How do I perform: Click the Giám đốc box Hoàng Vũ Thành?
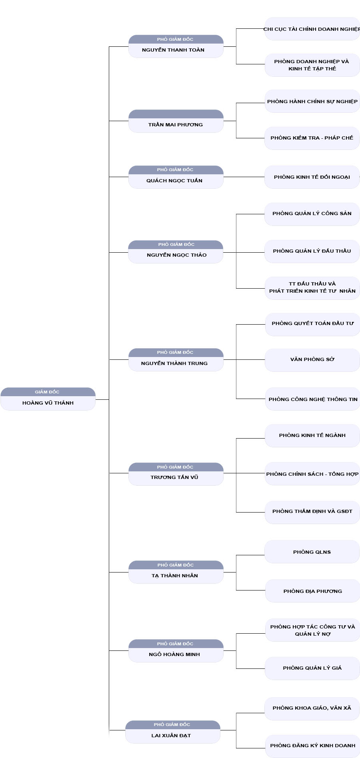click(48, 399)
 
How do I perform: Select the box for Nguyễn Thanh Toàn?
click(176, 46)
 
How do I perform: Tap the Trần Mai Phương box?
click(176, 121)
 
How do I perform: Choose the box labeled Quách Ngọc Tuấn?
click(176, 177)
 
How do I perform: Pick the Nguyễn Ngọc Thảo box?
click(176, 252)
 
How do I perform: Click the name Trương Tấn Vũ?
click(174, 477)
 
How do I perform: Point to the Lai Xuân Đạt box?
click(173, 732)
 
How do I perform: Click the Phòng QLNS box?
click(312, 552)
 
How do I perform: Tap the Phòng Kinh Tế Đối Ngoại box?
click(312, 177)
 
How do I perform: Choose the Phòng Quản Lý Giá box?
click(312, 668)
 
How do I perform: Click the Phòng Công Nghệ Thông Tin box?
click(312, 399)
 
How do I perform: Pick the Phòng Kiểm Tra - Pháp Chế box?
click(312, 138)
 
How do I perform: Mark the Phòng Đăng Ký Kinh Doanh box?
click(312, 746)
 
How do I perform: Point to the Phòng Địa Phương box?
click(312, 591)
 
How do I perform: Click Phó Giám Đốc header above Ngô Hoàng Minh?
click(176, 644)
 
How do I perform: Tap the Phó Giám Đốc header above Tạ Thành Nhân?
click(176, 565)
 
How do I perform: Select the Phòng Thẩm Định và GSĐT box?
click(312, 512)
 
